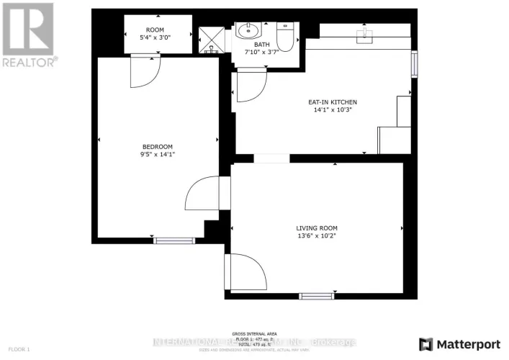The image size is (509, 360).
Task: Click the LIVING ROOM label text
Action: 316,227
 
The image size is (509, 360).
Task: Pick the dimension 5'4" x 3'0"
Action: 157,37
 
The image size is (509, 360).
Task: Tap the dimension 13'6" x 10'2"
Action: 316,235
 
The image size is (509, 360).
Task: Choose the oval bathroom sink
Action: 250,31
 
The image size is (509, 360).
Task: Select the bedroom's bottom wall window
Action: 175,240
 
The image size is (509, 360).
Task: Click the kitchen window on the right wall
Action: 414,63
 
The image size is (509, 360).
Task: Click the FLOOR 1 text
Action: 19,349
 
